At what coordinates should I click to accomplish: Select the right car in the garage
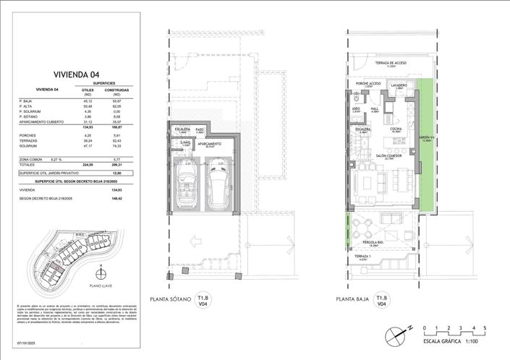[x=216, y=188]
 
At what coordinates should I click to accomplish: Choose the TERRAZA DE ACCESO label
[x=391, y=63]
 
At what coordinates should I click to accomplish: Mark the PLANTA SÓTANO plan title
[x=170, y=299]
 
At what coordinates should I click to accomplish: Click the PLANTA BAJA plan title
[x=353, y=299]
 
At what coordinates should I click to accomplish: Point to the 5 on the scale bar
[x=485, y=328]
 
